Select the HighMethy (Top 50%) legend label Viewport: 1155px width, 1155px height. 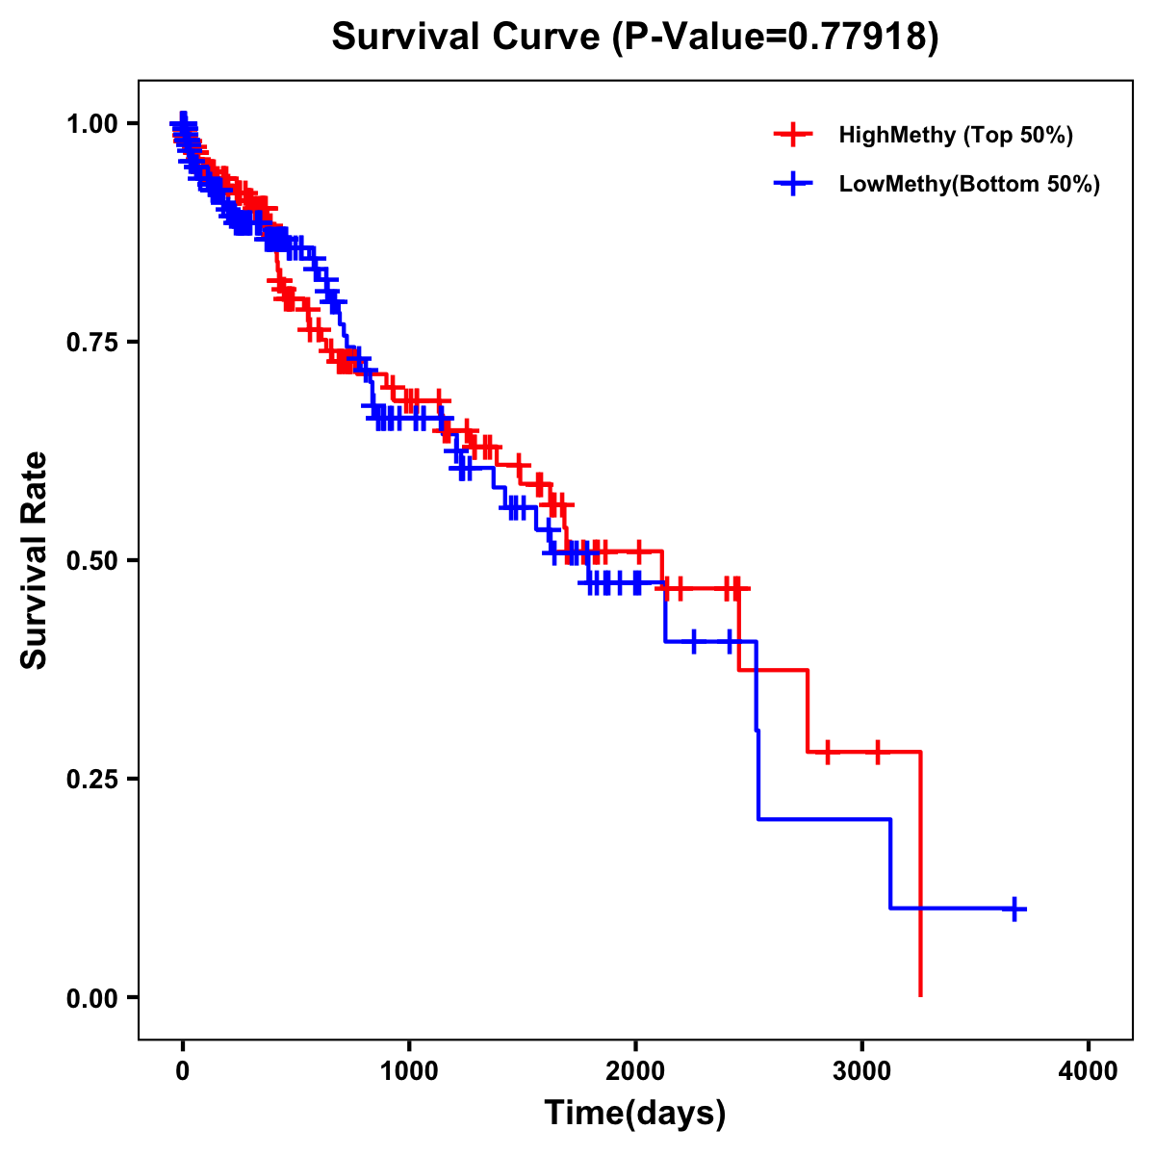955,135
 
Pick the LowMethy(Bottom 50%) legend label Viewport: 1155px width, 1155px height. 969,184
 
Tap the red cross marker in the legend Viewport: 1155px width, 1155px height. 793,135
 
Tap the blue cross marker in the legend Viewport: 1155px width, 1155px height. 793,184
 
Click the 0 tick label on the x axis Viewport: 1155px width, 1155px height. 183,1071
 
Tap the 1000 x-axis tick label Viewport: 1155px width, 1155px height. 409,1071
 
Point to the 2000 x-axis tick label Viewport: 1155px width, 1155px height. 635,1071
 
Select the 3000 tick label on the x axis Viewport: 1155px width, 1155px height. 862,1071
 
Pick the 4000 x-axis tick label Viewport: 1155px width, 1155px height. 1089,1071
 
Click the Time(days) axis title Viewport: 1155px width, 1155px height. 635,1114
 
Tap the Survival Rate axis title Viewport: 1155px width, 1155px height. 36,560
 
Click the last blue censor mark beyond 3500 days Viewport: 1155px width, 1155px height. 1014,909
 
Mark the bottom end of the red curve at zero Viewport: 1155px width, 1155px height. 921,995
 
